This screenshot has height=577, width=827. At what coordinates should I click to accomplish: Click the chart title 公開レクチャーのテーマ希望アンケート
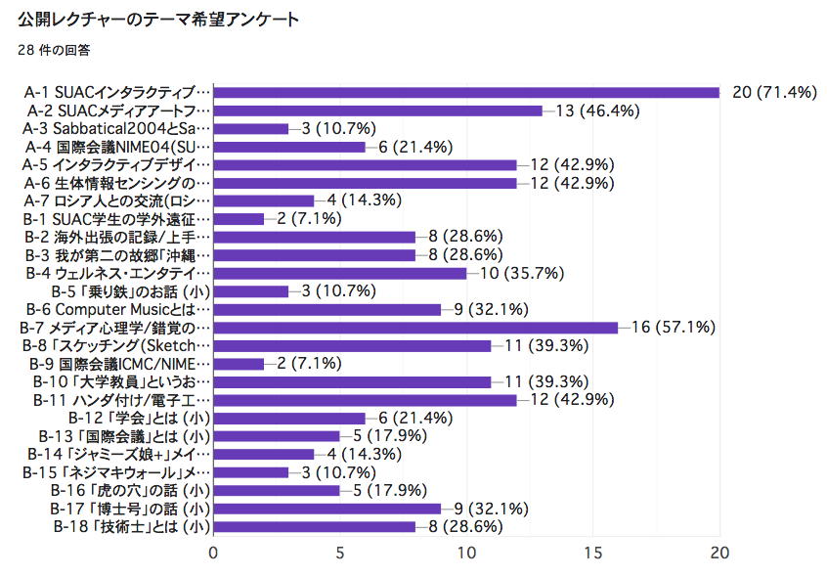click(x=157, y=20)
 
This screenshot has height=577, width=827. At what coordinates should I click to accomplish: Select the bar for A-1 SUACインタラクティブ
click(x=466, y=92)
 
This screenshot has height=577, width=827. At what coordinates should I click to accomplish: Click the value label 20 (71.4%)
click(x=773, y=92)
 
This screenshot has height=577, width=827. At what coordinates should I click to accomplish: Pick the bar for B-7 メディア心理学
click(x=415, y=328)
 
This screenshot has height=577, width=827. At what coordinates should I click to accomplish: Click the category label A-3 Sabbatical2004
click(x=117, y=128)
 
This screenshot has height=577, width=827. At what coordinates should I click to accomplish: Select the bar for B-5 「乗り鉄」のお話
click(x=251, y=291)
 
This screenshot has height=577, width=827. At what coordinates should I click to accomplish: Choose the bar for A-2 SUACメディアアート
click(x=377, y=111)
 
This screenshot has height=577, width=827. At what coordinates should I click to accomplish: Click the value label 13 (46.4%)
click(x=597, y=111)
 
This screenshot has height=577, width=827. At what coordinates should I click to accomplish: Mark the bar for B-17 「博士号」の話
click(x=327, y=509)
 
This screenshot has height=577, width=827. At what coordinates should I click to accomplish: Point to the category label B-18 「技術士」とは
click(x=132, y=527)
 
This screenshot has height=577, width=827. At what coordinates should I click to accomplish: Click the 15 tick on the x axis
click(x=593, y=553)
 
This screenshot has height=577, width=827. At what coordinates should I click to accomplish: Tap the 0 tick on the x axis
click(x=214, y=553)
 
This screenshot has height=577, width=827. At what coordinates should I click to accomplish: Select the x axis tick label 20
click(x=720, y=553)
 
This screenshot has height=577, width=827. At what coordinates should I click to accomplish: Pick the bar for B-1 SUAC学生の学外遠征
click(x=239, y=219)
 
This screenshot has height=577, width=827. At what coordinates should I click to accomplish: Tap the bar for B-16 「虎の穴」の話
click(x=277, y=491)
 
